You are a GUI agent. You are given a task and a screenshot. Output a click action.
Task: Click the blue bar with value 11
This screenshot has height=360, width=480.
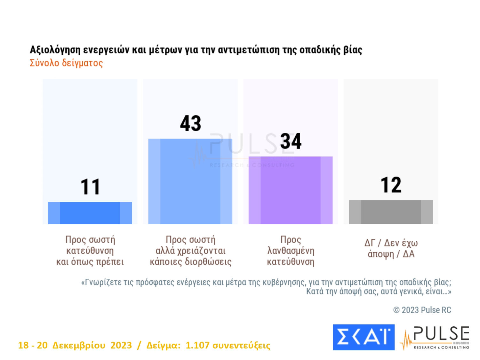[90, 213]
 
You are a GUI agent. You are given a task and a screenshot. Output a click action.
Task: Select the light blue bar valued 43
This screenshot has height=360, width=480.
[190, 181]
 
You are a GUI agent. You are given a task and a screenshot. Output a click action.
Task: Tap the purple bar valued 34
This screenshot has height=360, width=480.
[291, 190]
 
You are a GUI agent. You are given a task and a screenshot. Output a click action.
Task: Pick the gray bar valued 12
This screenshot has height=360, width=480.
[391, 212]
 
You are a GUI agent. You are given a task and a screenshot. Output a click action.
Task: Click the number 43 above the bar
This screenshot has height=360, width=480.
[190, 124]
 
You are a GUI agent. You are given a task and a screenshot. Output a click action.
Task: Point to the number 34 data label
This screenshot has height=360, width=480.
[291, 141]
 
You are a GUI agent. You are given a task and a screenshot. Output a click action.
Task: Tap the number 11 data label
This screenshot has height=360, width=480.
[90, 187]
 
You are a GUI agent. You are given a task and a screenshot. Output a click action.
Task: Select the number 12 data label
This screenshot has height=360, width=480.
[391, 185]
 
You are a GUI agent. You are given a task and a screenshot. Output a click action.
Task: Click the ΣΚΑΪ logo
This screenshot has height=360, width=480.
[364, 337]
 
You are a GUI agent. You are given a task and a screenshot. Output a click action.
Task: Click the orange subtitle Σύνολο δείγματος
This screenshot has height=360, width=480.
[66, 63]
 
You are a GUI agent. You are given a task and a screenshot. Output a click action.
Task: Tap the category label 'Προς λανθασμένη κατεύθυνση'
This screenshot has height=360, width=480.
[291, 251]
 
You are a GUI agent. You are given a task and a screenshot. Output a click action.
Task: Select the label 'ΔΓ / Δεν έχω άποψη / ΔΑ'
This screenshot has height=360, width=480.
[391, 249]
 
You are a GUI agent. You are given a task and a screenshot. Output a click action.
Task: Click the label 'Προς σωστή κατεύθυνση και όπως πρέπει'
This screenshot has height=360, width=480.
[90, 251]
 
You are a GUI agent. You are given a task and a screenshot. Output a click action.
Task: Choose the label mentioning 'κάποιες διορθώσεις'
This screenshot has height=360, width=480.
[190, 251]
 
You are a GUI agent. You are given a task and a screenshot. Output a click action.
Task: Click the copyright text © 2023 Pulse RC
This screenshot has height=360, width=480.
[422, 310]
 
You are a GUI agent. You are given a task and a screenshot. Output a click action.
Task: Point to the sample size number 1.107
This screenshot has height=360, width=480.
[197, 345]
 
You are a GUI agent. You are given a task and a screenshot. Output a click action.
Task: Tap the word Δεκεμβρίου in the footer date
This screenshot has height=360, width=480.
[79, 346]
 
